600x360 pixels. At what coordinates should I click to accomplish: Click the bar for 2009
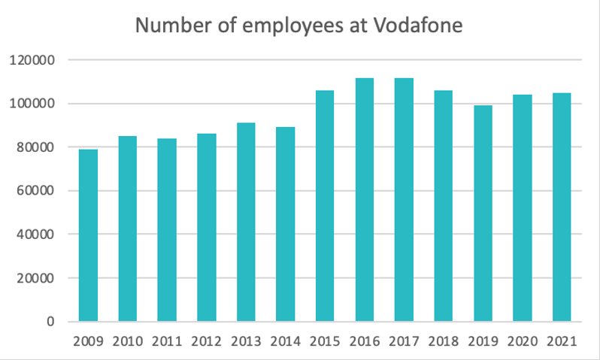click(89, 235)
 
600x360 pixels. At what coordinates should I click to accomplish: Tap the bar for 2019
click(483, 213)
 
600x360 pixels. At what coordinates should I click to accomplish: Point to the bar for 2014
click(286, 224)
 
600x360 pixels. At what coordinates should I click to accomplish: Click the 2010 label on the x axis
click(128, 342)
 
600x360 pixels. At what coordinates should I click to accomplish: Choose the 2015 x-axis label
click(325, 342)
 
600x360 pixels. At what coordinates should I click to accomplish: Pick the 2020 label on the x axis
click(522, 342)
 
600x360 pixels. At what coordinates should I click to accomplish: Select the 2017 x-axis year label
click(404, 342)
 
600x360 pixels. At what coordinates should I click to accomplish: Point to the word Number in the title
click(166, 26)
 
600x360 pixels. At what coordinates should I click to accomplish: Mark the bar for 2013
click(246, 222)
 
